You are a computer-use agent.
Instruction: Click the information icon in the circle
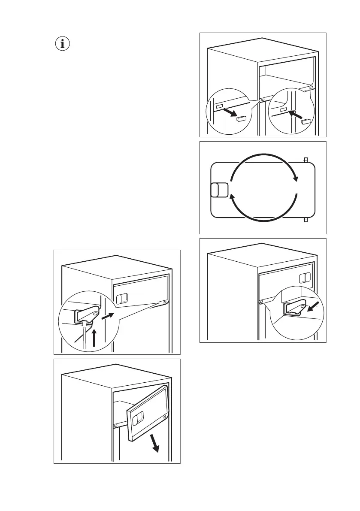[x=64, y=44]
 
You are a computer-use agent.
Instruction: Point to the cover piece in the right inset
[x=306, y=121]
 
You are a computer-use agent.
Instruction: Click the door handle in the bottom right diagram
[x=305, y=278]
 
